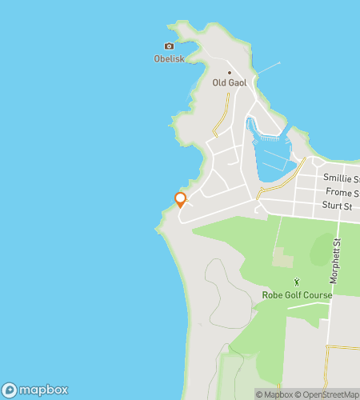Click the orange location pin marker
(181, 198)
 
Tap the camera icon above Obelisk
(168, 46)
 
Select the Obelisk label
(168, 58)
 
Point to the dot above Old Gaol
(229, 72)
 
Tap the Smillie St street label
(340, 178)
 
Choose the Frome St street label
(342, 193)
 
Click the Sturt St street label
(338, 206)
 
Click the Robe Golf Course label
(297, 295)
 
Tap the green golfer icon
(297, 282)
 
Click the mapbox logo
(35, 390)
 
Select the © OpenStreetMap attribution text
(330, 394)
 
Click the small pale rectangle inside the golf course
(282, 258)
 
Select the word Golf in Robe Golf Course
(297, 295)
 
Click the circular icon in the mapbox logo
(10, 390)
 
